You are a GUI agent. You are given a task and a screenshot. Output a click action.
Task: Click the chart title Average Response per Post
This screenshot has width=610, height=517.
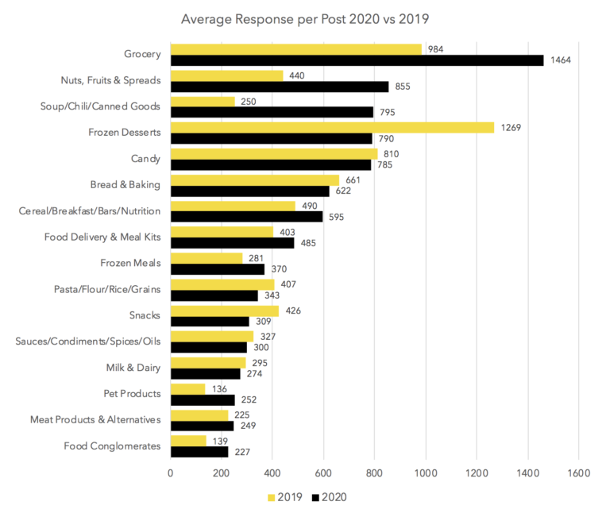click(305, 18)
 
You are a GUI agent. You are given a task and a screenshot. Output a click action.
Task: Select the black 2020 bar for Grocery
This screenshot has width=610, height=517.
click(357, 60)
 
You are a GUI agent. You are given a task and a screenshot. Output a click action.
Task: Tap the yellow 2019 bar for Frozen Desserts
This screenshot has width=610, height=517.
click(332, 127)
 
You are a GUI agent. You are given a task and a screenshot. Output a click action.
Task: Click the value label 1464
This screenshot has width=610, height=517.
click(559, 60)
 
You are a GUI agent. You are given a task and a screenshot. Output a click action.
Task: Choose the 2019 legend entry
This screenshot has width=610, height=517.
click(284, 497)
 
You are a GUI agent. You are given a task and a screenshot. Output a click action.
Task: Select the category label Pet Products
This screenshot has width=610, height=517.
click(132, 393)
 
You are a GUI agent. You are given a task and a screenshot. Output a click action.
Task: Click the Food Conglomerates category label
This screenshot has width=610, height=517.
click(112, 446)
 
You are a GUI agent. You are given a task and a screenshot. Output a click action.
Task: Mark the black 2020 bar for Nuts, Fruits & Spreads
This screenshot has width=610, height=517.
click(280, 87)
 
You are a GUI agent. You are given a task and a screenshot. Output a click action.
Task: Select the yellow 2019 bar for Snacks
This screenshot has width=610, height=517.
click(225, 311)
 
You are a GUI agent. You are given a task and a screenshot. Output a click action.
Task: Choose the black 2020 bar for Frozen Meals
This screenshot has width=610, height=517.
click(218, 269)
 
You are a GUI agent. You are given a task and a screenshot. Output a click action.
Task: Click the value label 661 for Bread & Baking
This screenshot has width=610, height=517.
click(355, 179)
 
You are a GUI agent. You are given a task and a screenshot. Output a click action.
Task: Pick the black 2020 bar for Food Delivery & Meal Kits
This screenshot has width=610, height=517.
click(232, 243)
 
